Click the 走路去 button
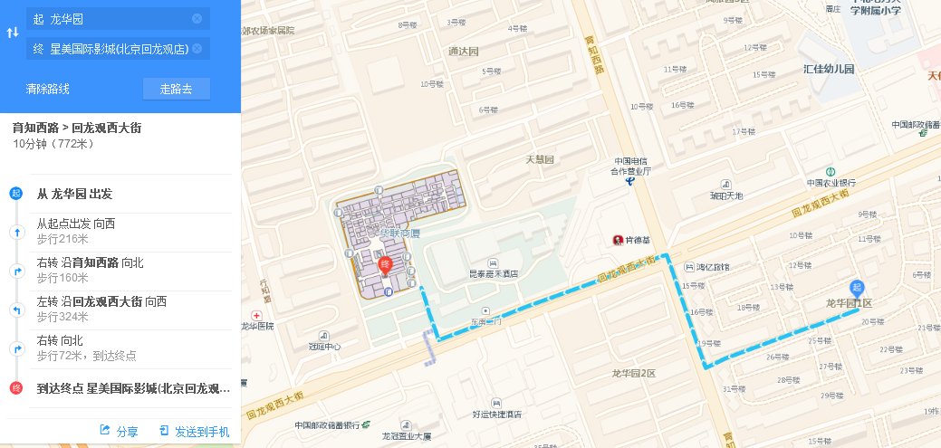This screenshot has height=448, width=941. (177, 89)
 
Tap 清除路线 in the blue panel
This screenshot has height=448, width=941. (48, 89)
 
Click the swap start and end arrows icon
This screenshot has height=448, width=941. (13, 33)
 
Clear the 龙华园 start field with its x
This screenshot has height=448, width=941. (197, 18)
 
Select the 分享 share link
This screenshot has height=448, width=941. (120, 432)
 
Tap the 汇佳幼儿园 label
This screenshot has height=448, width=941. (829, 69)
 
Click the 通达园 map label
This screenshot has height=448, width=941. (462, 51)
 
